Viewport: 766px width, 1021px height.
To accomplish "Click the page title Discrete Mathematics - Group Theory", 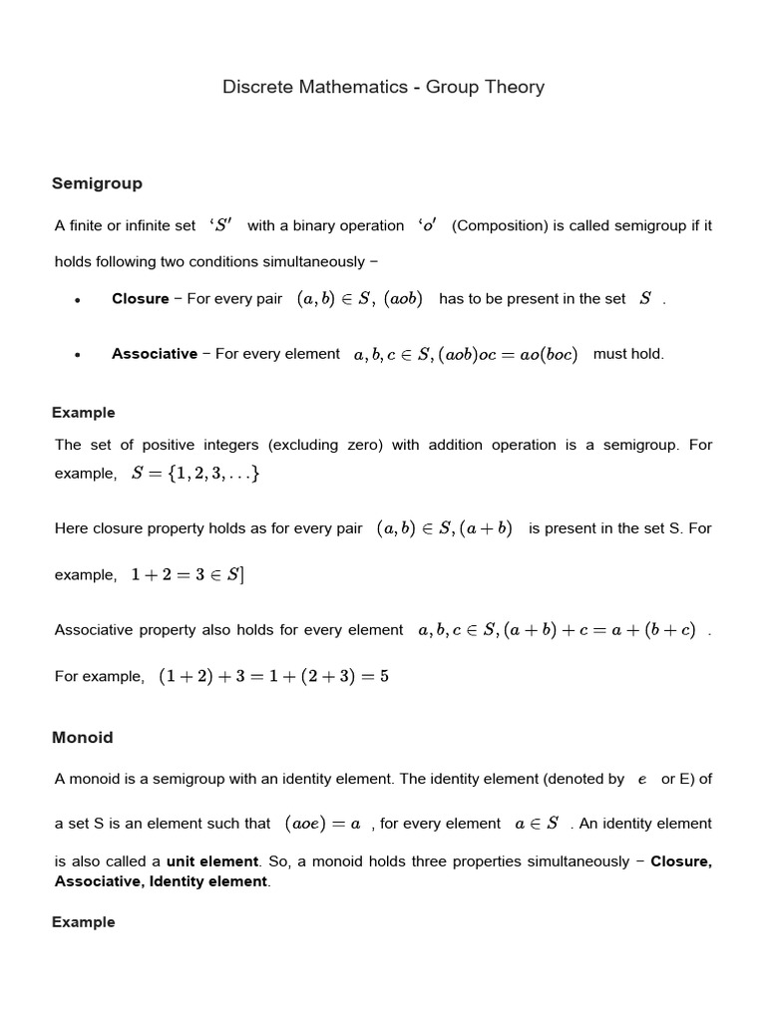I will click(x=383, y=88).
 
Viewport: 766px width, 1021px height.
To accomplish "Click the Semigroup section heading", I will click(x=97, y=183).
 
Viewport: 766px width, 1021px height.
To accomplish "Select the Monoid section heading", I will click(x=82, y=738).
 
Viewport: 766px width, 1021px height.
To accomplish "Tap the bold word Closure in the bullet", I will click(x=141, y=299).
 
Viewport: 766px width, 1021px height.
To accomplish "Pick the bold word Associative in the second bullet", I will click(x=155, y=354).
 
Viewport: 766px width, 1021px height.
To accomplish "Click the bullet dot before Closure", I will click(x=77, y=300).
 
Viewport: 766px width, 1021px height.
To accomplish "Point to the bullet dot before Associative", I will click(x=77, y=355).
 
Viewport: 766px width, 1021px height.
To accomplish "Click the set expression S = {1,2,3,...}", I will click(x=196, y=474).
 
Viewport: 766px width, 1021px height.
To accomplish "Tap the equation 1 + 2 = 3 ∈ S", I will click(x=188, y=575).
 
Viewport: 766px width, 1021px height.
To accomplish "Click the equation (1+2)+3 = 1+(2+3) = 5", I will click(x=273, y=676).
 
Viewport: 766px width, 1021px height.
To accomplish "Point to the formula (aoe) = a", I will click(x=322, y=824).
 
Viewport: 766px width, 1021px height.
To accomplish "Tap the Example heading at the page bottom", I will click(x=83, y=922).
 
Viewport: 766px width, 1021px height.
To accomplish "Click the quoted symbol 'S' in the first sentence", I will click(x=220, y=225).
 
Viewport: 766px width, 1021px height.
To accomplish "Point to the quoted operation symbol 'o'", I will click(x=428, y=225).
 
